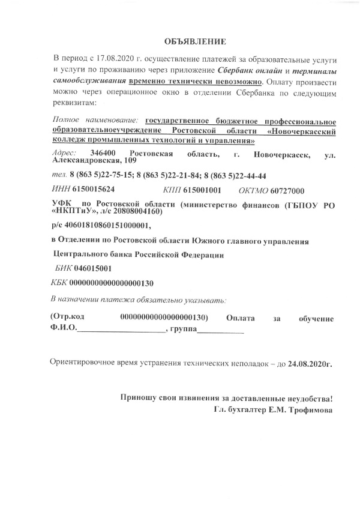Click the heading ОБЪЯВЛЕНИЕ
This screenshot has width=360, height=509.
click(x=196, y=42)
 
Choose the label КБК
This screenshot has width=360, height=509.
click(x=61, y=282)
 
